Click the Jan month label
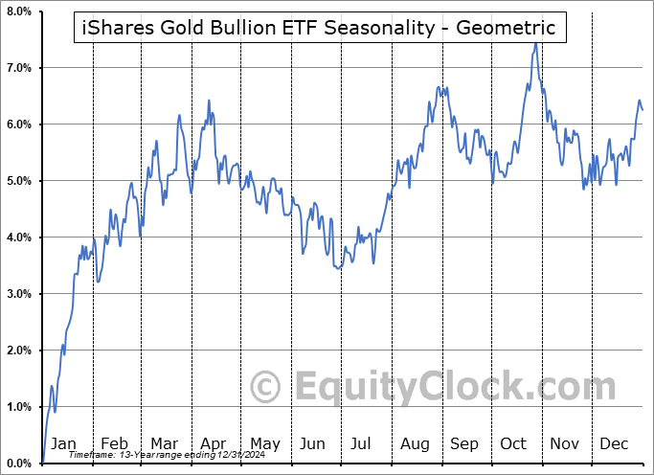pyautogui.click(x=62, y=443)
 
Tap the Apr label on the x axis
pyautogui.click(x=213, y=443)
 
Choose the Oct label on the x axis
pyautogui.click(x=513, y=443)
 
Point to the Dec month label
pyautogui.click(x=614, y=443)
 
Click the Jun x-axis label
pyautogui.click(x=313, y=443)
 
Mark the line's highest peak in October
pyautogui.click(x=535, y=43)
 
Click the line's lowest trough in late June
pyautogui.click(x=338, y=269)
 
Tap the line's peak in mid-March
pyautogui.click(x=179, y=115)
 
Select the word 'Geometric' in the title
pyautogui.click(x=507, y=29)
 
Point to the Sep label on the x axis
pyautogui.click(x=464, y=443)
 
